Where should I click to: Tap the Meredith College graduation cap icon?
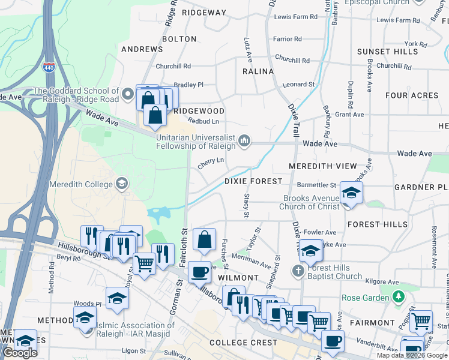(122, 184)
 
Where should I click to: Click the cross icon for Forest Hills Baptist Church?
(298, 271)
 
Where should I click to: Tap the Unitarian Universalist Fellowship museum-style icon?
(244, 140)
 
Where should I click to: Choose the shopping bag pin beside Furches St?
(204, 239)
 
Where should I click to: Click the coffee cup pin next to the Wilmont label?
(199, 271)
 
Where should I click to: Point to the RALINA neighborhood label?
(258, 71)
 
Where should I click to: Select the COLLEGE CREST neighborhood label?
(244, 343)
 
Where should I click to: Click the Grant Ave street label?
(349, 115)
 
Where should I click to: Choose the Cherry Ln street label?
(211, 160)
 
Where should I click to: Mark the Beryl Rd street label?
(68, 259)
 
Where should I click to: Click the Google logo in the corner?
(20, 353)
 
